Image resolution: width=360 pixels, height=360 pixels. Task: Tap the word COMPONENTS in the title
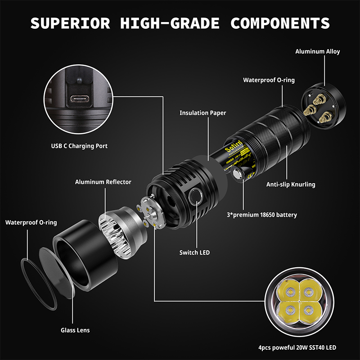tap(280, 23)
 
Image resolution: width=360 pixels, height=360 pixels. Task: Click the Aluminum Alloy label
tap(317, 51)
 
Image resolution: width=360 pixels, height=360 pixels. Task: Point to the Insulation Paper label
tap(202, 113)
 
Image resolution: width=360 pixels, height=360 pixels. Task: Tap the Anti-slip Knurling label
tap(291, 184)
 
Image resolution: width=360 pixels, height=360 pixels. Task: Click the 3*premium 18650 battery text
tap(262, 215)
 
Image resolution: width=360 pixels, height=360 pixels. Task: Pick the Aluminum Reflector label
tap(103, 182)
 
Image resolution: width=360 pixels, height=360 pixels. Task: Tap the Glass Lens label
tap(75, 330)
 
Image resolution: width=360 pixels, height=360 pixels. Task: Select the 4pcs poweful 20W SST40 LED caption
tap(297, 347)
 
